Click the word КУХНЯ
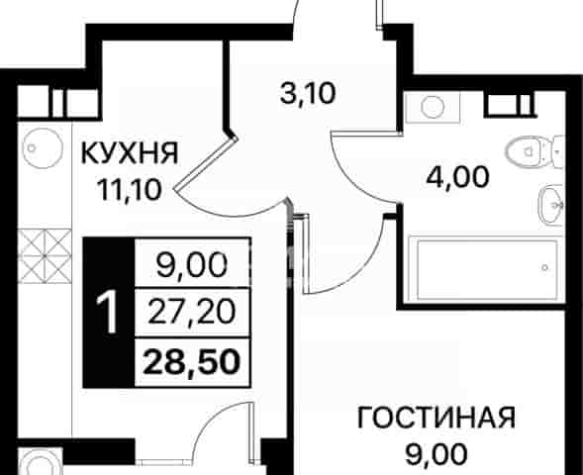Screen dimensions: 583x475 [x=130, y=152]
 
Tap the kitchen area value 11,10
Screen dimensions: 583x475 [x=129, y=190]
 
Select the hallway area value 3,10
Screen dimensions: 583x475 [x=308, y=93]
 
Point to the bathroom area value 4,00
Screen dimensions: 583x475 [x=457, y=177]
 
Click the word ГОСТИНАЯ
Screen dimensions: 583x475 [x=437, y=418]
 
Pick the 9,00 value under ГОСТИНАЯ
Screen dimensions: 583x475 [x=437, y=454]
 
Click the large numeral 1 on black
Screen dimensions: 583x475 [x=108, y=312]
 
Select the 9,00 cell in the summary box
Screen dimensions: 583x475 [x=192, y=265]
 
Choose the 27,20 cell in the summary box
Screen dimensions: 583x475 [x=192, y=312]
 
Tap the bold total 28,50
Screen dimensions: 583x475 [x=192, y=362]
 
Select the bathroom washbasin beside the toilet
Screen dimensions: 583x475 [x=551, y=205]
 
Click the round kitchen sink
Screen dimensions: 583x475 [x=43, y=147]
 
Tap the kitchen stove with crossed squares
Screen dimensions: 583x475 [x=45, y=256]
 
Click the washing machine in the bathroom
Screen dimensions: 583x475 [x=433, y=107]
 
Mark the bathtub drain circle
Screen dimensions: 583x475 [x=544, y=267]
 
